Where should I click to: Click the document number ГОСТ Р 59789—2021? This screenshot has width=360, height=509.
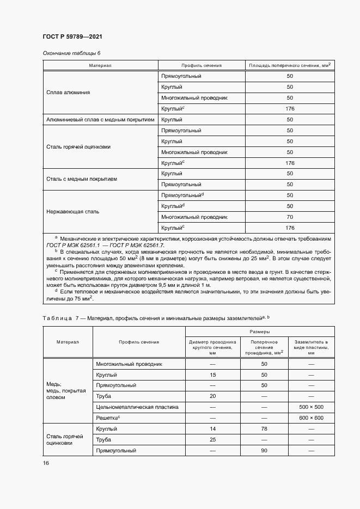point(72,36)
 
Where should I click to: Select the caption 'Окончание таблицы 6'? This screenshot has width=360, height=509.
point(71,53)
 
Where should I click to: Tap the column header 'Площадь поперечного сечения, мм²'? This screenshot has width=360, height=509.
point(290,65)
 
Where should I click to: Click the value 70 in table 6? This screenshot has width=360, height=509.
point(290,217)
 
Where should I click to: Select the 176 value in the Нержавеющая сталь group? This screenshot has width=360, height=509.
point(290,228)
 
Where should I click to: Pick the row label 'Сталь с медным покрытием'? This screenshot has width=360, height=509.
point(82,179)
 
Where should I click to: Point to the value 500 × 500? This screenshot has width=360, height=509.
point(311,407)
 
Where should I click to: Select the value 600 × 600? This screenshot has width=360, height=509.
point(311,418)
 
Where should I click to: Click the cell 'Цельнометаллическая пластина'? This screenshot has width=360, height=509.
point(129,407)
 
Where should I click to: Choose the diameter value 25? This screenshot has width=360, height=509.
point(213,439)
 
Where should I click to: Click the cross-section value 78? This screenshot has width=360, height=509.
point(264,428)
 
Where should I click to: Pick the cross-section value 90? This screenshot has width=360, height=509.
point(264,450)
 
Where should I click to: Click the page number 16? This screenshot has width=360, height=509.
point(46,463)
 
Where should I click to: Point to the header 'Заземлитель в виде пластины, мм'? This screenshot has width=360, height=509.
point(311,346)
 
